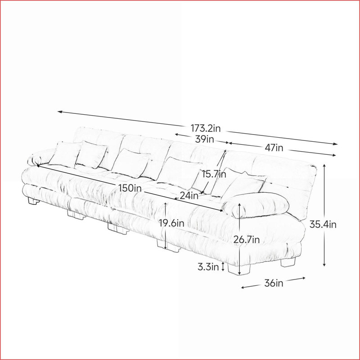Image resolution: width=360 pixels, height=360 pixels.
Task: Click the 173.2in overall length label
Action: (206, 128)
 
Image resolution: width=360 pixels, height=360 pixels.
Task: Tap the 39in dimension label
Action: (205, 139)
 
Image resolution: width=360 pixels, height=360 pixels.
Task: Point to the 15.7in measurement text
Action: (214, 174)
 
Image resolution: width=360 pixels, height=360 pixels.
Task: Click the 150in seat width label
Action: (130, 188)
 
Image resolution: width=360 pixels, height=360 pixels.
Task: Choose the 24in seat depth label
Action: (189, 195)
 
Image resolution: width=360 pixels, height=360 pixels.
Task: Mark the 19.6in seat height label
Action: (172, 223)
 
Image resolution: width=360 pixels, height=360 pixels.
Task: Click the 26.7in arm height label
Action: (246, 239)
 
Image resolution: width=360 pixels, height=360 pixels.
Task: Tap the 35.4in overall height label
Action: (323, 224)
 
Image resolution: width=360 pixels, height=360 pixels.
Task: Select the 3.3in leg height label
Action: (208, 267)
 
